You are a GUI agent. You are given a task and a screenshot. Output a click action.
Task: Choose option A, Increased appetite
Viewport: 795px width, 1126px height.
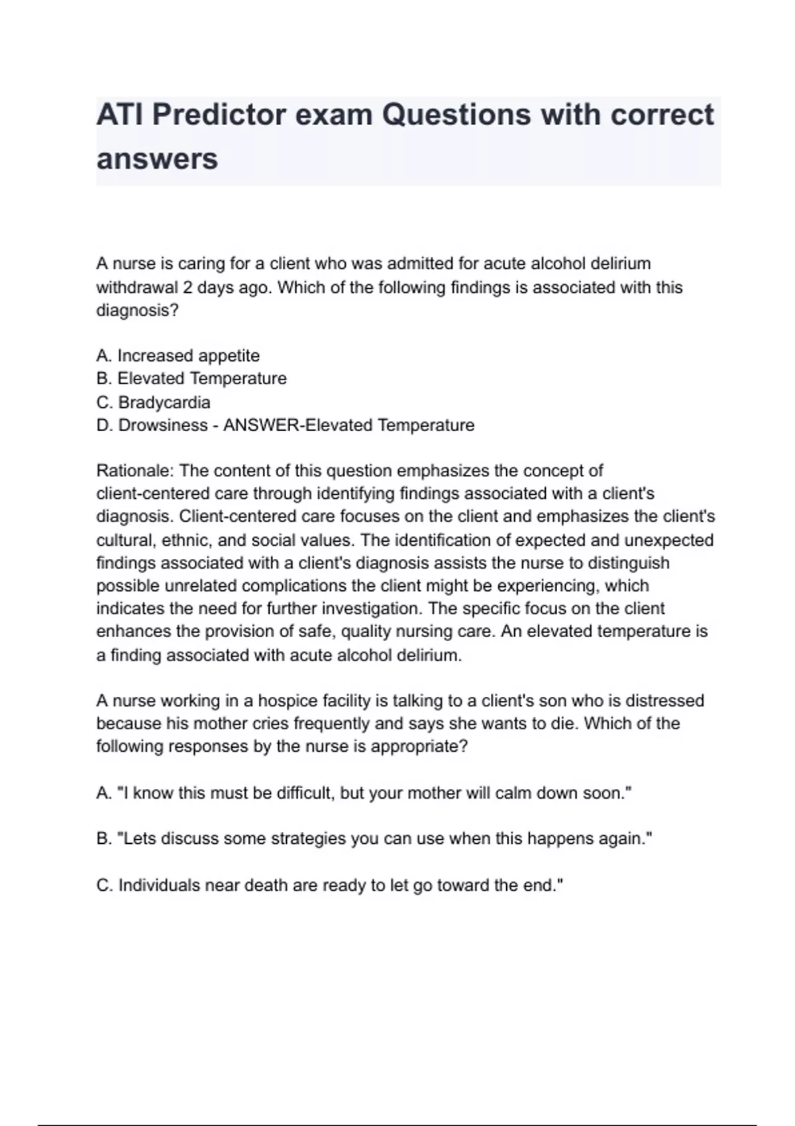(178, 356)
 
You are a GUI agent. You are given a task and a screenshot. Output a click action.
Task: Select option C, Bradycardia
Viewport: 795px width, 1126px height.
(153, 402)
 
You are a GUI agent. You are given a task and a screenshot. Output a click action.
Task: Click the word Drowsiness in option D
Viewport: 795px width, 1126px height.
(163, 425)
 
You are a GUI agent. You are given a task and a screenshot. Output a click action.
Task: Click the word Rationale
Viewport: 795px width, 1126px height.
(134, 471)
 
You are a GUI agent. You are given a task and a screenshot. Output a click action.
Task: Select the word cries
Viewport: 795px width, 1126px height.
(271, 723)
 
